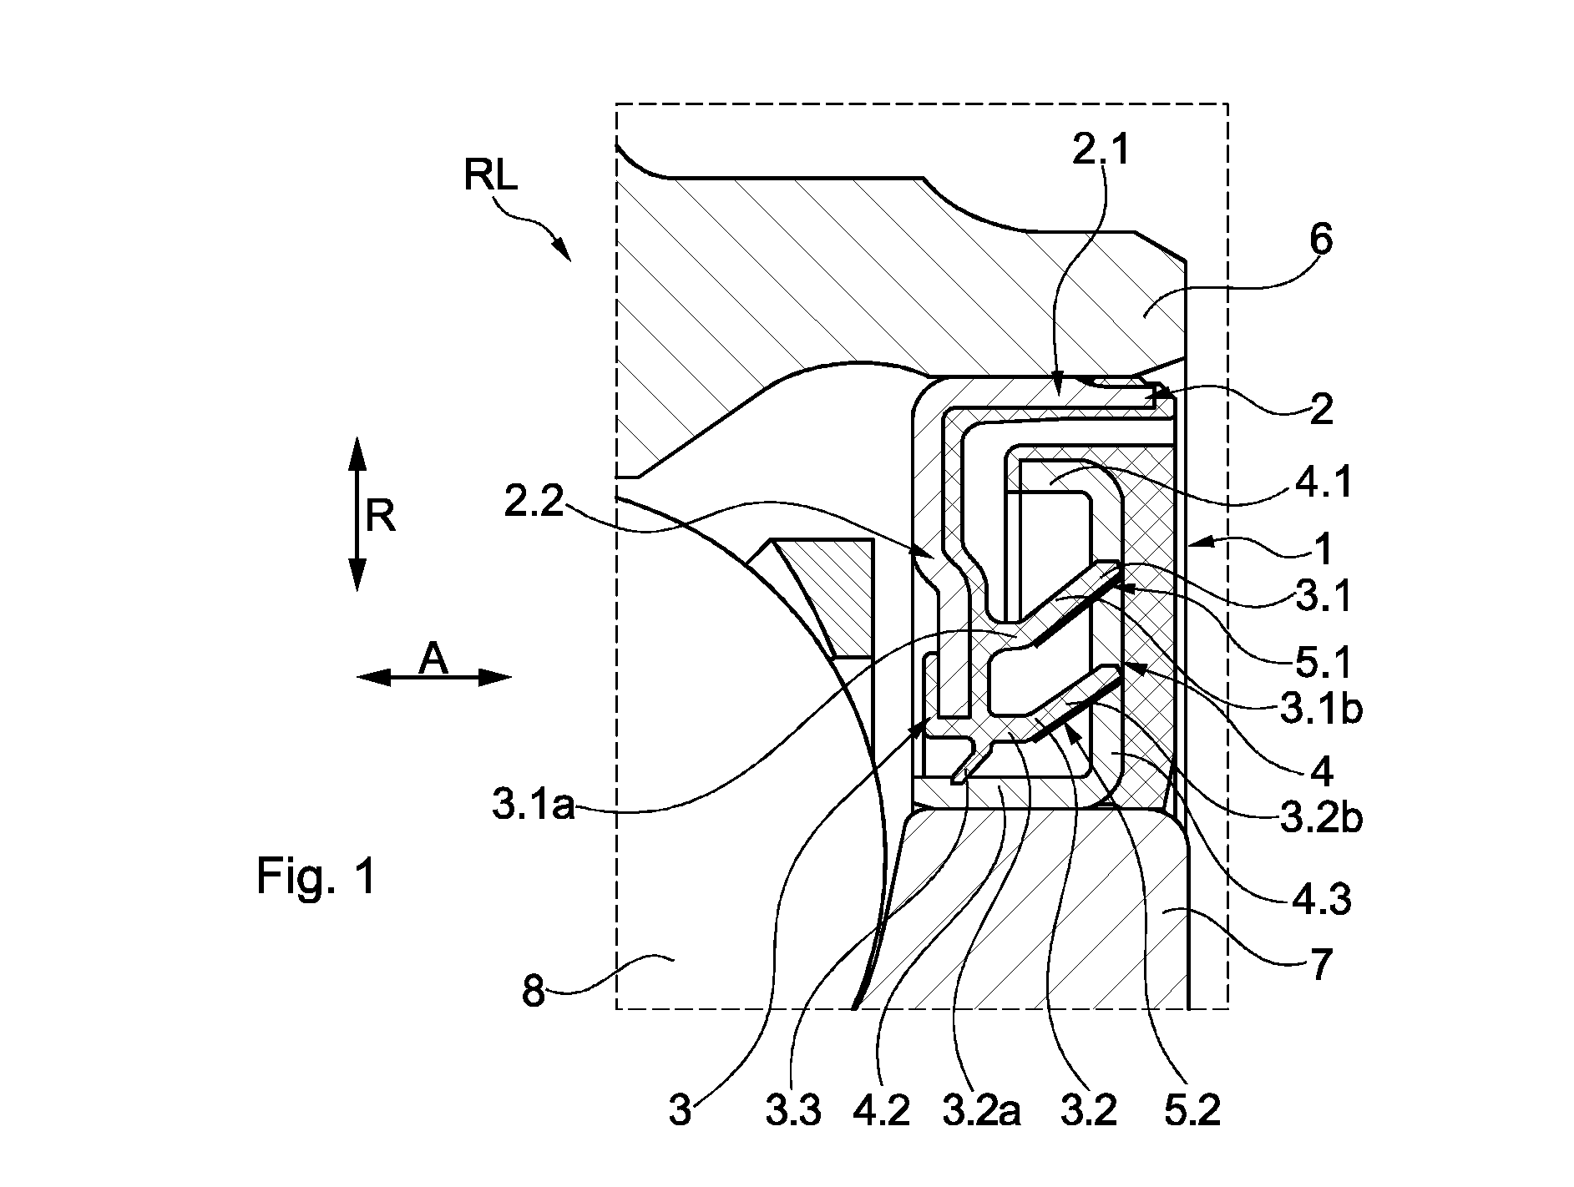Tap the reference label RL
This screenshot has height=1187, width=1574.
(x=491, y=176)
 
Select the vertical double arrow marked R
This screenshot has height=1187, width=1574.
(x=357, y=513)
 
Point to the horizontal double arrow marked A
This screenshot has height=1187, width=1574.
(x=433, y=677)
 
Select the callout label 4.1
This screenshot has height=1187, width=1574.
(x=1321, y=482)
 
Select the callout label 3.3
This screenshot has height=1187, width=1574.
(x=792, y=1112)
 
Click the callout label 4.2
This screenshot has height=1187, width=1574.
(x=883, y=1112)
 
